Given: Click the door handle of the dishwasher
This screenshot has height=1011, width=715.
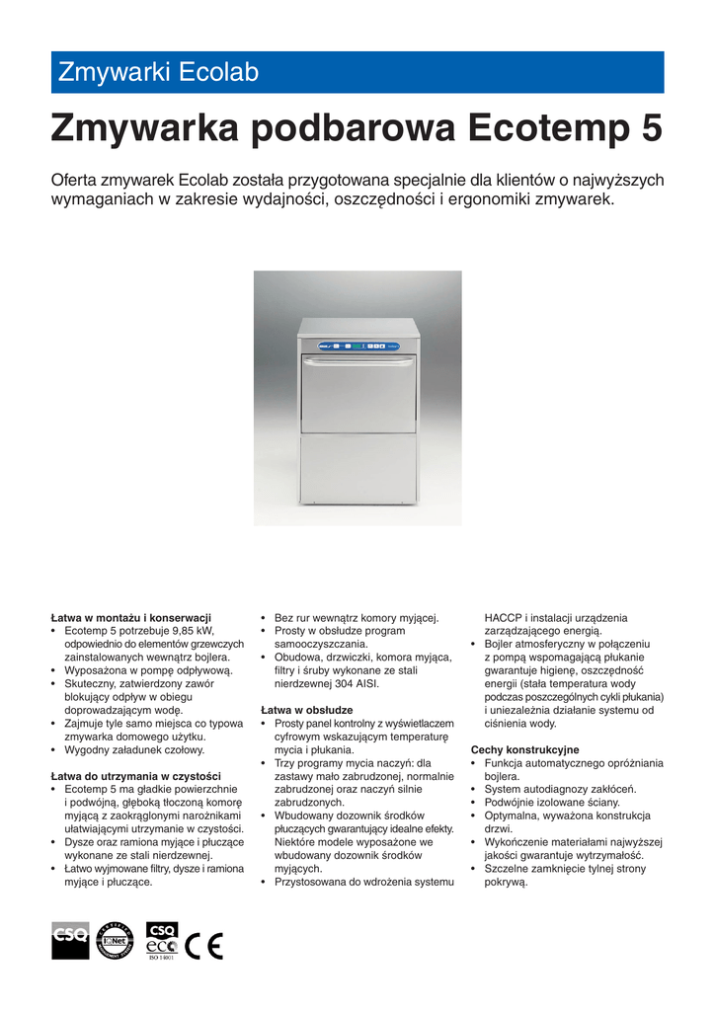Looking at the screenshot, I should tap(357, 362).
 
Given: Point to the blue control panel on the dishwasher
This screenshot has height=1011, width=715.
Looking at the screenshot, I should tap(357, 346).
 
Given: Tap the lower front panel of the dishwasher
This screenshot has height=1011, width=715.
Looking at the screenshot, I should tap(357, 469).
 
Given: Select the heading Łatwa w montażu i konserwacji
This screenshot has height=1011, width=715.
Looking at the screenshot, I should tap(131, 617).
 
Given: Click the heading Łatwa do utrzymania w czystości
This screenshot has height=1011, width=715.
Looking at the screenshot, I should tap(136, 776).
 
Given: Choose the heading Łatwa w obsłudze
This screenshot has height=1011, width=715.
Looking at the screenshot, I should tap(307, 710).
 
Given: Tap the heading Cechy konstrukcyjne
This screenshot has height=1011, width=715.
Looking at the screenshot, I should tap(525, 749).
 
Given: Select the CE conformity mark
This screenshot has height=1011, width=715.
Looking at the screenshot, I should tap(204, 945).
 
